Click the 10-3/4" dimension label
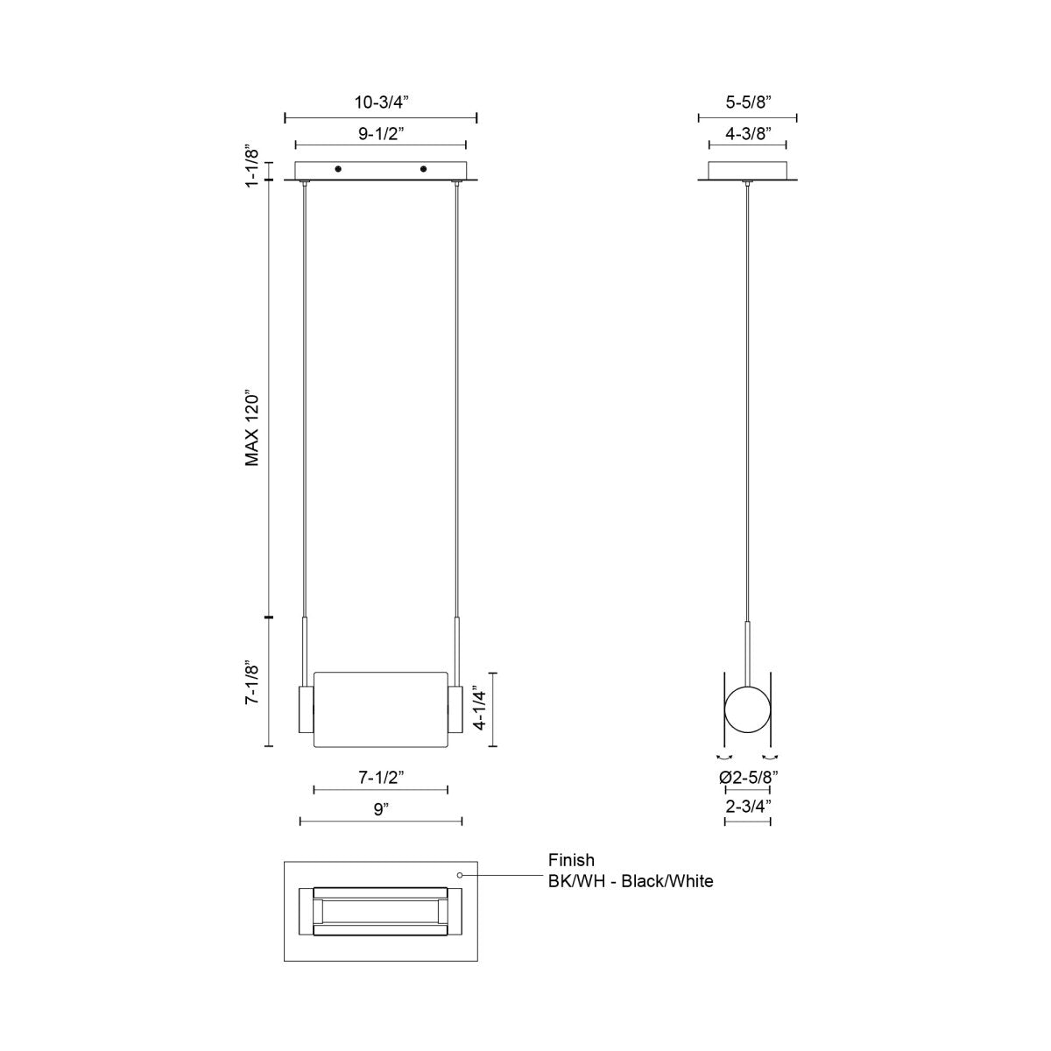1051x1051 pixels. (381, 102)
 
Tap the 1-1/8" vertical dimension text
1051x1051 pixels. (251, 164)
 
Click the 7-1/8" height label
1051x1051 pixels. (252, 682)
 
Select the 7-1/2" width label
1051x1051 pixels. (381, 777)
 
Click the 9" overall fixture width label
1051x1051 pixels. (380, 808)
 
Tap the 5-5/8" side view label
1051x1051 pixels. (747, 102)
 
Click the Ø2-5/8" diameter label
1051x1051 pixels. (748, 776)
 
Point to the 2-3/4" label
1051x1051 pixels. (747, 807)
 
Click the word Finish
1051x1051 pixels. (571, 860)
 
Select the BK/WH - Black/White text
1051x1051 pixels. (631, 881)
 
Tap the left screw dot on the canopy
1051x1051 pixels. (338, 168)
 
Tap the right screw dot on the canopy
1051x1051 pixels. (423, 168)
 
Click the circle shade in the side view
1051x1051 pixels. (747, 710)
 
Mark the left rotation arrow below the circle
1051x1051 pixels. (724, 756)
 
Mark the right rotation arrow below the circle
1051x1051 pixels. (771, 756)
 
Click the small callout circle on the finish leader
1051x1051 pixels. (461, 874)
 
